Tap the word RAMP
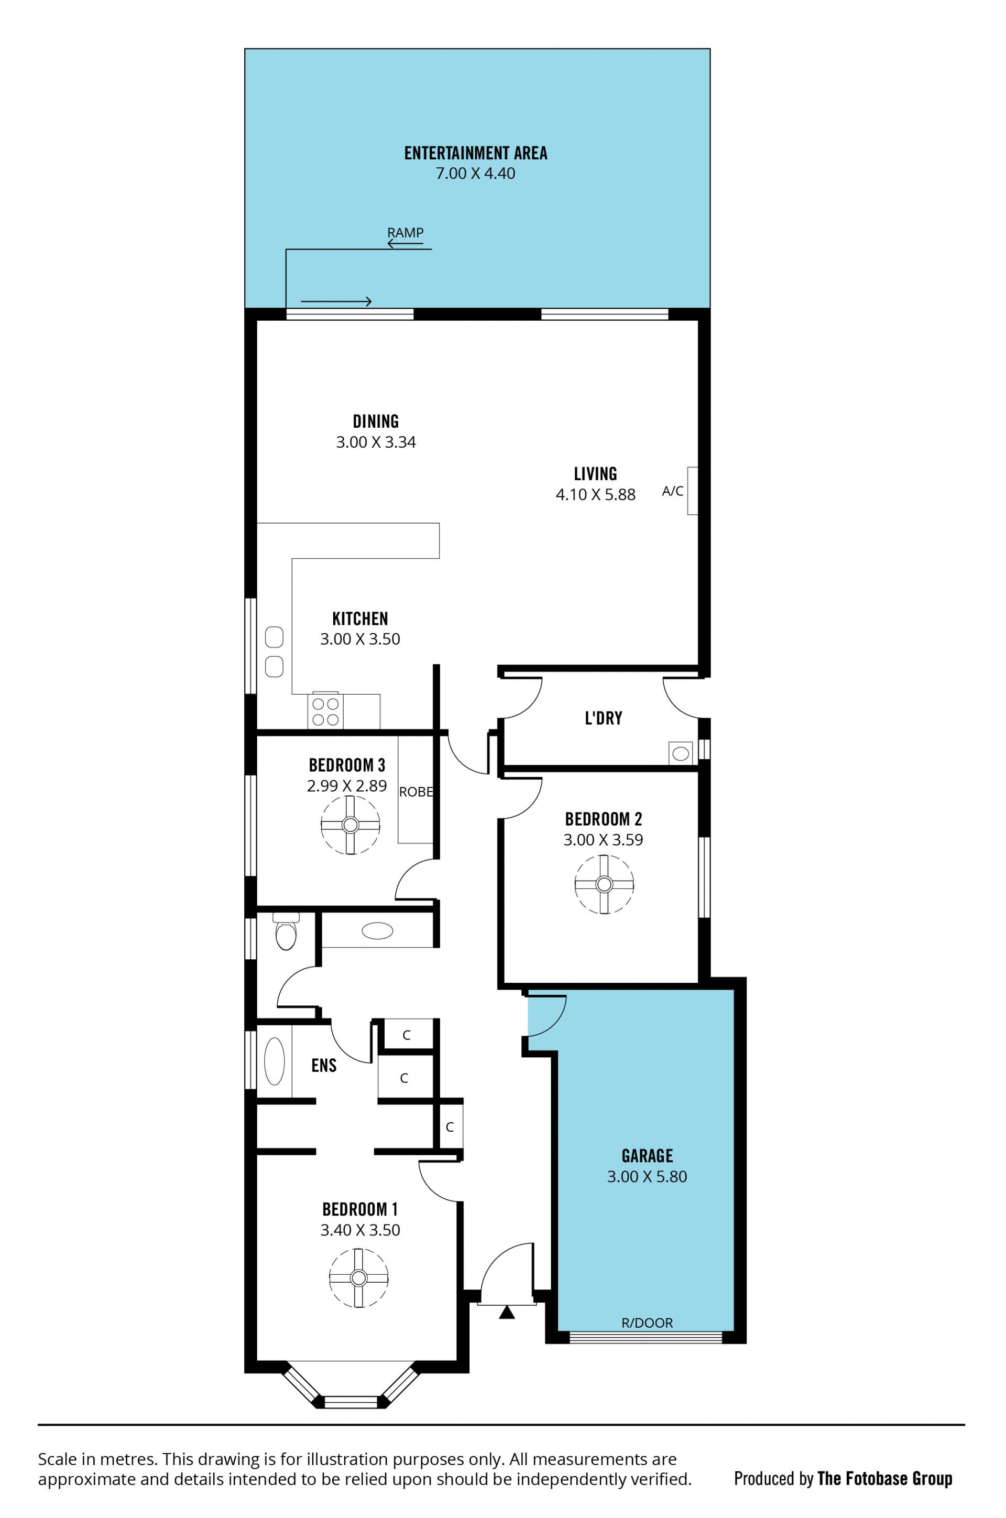(x=406, y=232)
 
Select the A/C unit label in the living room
(x=672, y=491)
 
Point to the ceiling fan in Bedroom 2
(x=604, y=884)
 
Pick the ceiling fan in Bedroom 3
(x=351, y=825)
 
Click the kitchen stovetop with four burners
(x=325, y=711)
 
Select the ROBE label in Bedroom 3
(x=415, y=792)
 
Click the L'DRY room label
(x=603, y=718)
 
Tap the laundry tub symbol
(x=681, y=753)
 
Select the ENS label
(x=324, y=1066)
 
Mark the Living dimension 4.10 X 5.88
(x=595, y=494)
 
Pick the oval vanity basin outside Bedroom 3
(x=377, y=931)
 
